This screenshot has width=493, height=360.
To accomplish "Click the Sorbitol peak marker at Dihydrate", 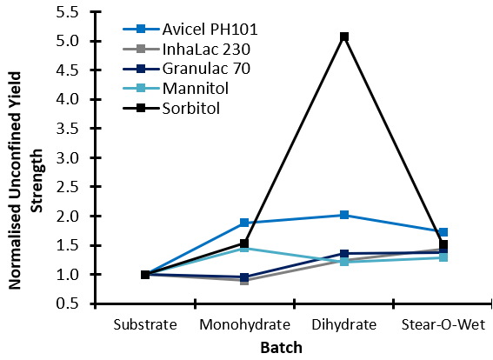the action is pyautogui.click(x=344, y=37).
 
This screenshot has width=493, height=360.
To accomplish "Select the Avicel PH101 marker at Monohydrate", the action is pyautogui.click(x=244, y=223).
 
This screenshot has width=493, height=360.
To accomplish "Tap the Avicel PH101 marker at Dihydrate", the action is pyautogui.click(x=344, y=215).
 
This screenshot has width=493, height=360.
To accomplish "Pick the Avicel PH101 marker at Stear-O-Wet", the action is pyautogui.click(x=443, y=232).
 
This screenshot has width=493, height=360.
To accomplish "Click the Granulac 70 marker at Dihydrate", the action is pyautogui.click(x=344, y=254).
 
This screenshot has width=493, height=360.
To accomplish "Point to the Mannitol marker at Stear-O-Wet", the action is pyautogui.click(x=443, y=257).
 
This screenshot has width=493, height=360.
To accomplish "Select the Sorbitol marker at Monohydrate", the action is pyautogui.click(x=244, y=243).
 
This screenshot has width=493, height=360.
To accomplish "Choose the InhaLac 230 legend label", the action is pyautogui.click(x=206, y=49).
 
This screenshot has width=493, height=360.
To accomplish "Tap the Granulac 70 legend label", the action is pyautogui.click(x=206, y=69).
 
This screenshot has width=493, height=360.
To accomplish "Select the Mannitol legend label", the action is pyautogui.click(x=196, y=89).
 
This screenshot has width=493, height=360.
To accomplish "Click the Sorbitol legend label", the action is pyautogui.click(x=191, y=109).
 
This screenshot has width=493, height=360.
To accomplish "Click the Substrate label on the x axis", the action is pyautogui.click(x=145, y=325).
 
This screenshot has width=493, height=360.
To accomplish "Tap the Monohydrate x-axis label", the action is pyautogui.click(x=245, y=325).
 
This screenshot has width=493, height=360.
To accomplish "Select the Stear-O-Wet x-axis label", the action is pyautogui.click(x=443, y=325).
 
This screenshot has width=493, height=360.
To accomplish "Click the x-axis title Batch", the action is pyautogui.click(x=282, y=348).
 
